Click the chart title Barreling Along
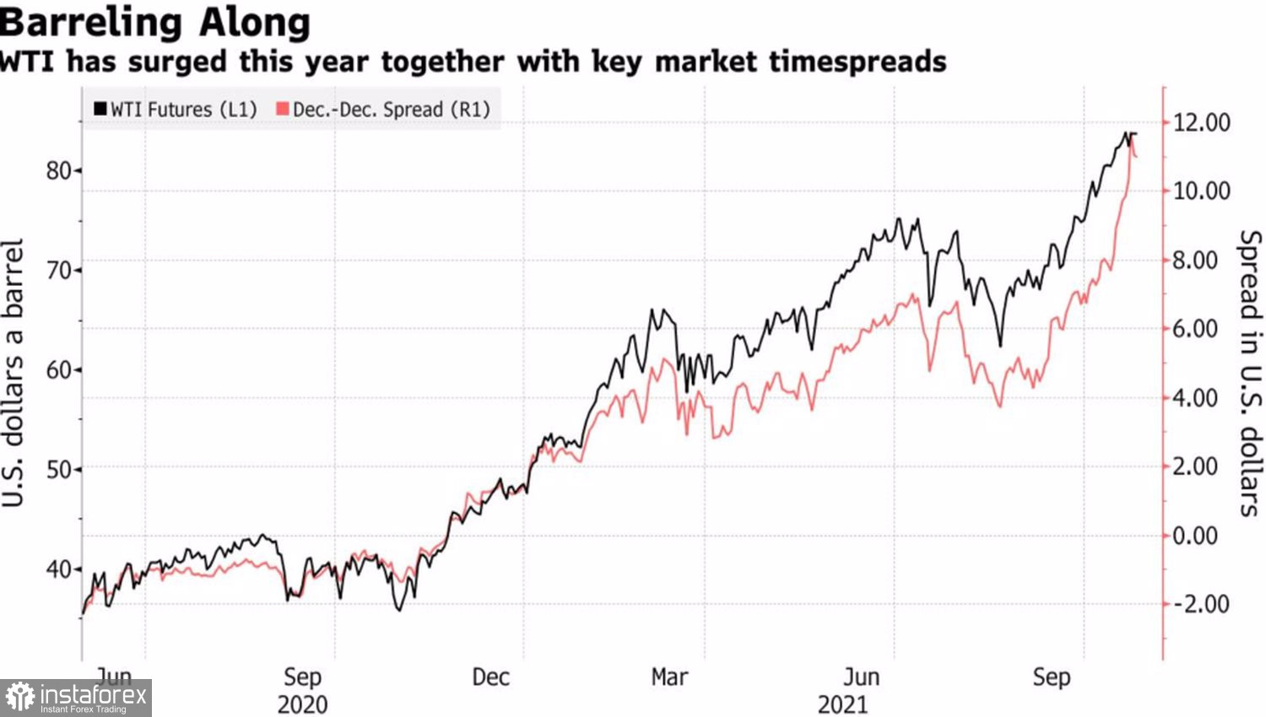tap(155, 22)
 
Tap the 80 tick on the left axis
tap(58, 170)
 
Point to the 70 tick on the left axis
tap(58, 271)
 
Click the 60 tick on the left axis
tap(58, 369)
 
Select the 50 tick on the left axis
tap(58, 469)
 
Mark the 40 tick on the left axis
tap(58, 569)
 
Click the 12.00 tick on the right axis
tap(1202, 123)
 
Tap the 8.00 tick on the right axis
tap(1196, 260)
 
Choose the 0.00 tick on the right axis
tap(1196, 536)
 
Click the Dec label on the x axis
tap(490, 677)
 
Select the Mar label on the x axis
tap(669, 677)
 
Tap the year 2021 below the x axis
tap(842, 704)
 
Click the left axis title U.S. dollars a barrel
tap(13, 373)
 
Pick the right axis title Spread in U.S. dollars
tap(1250, 373)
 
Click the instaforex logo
tap(76, 698)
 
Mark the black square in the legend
tap(100, 109)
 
